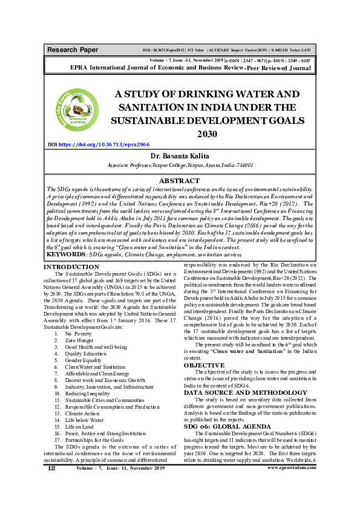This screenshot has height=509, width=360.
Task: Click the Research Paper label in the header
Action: [72, 49]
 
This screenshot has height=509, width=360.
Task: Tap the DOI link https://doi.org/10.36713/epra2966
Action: [101, 144]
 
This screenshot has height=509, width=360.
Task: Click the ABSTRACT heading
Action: [178, 181]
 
